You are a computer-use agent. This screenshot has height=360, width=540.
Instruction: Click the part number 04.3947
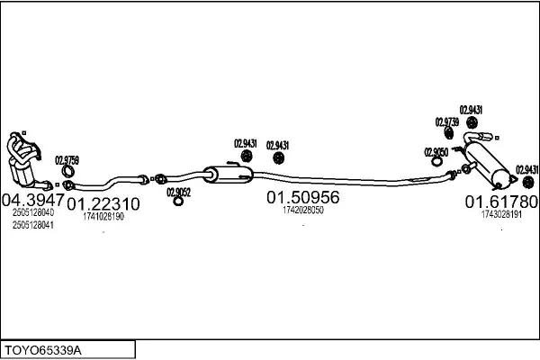[33, 199]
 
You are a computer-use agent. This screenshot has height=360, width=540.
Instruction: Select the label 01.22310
[103, 204]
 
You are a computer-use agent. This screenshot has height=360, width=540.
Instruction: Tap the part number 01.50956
[303, 197]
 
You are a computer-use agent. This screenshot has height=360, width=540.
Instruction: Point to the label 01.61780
[501, 202]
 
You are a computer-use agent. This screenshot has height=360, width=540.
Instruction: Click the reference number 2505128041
[33, 225]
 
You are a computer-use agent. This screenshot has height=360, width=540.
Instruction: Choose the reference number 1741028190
[103, 216]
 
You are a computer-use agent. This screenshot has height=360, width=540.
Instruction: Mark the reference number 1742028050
[303, 210]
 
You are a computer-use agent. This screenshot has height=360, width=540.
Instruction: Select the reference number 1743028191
[501, 214]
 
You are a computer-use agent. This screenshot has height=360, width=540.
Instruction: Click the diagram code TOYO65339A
[42, 351]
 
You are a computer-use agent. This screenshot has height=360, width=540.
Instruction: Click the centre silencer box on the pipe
[228, 175]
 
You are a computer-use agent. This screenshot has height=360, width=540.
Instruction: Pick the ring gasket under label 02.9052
[178, 202]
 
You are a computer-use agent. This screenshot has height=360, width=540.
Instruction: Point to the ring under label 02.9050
[436, 161]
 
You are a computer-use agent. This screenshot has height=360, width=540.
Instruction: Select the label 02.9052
[179, 193]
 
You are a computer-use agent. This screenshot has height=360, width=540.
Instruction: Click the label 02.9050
[436, 152]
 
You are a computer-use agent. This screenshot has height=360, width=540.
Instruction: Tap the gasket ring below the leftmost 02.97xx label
[67, 171]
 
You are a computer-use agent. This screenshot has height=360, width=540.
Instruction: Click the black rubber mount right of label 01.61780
[528, 182]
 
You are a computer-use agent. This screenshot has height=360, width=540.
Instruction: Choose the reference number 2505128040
[33, 212]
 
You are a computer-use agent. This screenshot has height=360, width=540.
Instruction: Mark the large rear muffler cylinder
[488, 165]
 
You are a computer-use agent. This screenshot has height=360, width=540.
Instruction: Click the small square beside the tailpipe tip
[497, 138]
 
